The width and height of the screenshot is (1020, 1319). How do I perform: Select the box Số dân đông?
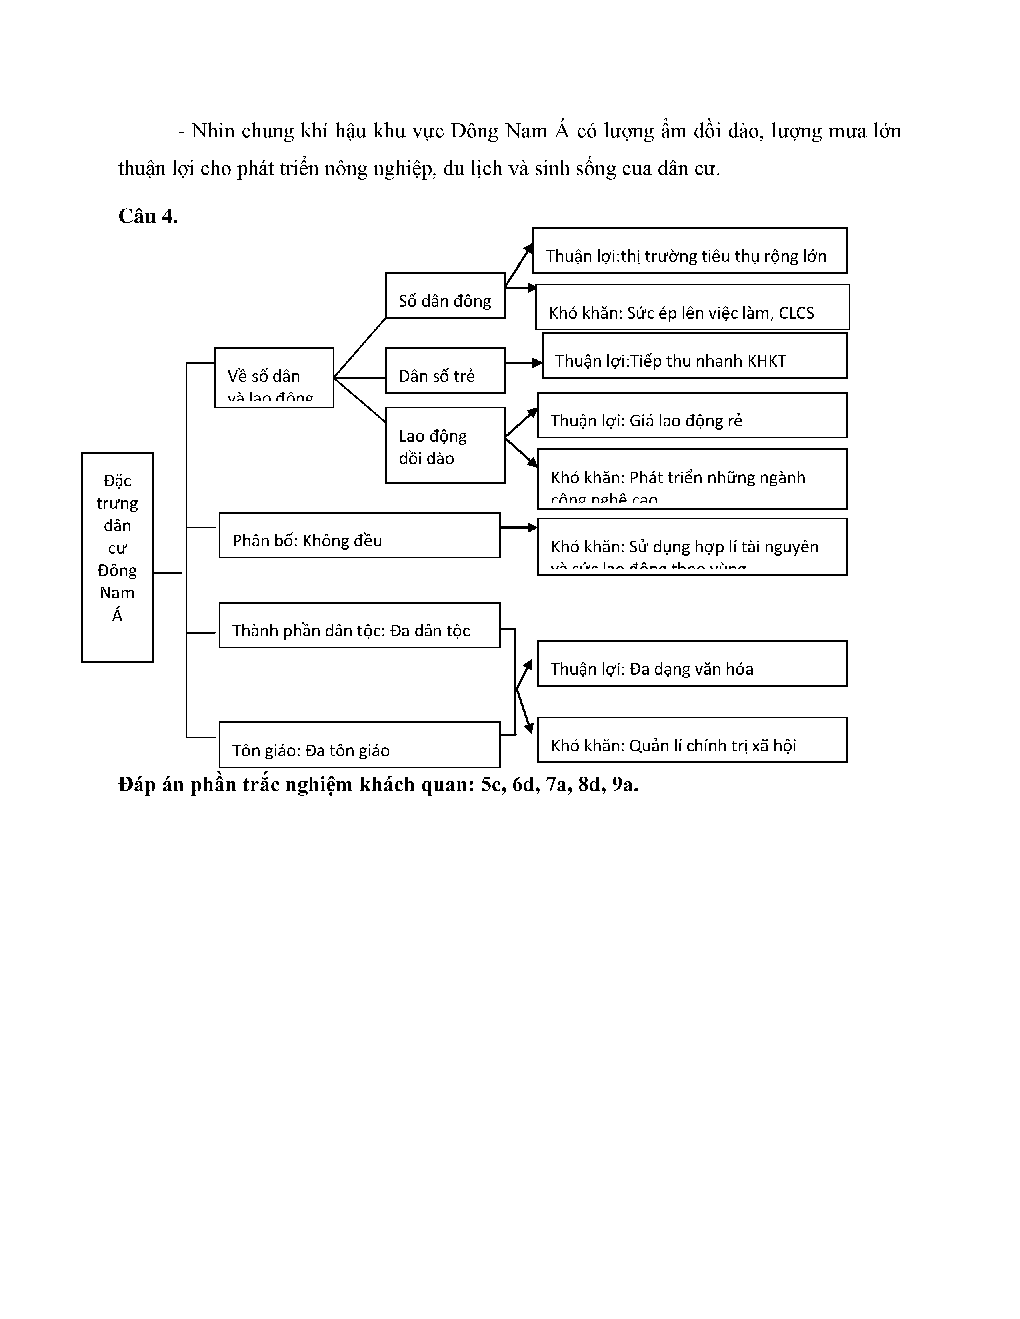[445, 295]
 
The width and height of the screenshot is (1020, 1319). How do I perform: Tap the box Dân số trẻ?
[445, 370]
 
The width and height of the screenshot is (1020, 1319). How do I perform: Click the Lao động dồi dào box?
[445, 445]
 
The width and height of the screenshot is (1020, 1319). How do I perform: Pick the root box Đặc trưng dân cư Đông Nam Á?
[117, 557]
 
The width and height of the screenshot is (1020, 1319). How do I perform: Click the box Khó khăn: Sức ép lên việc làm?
[692, 307]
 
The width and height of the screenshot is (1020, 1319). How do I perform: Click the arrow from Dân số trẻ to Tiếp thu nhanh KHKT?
[523, 363]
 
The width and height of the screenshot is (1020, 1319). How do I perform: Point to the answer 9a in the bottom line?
[625, 785]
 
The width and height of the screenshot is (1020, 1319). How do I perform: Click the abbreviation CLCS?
[796, 313]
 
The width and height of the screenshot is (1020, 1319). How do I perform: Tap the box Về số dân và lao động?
[274, 377]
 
